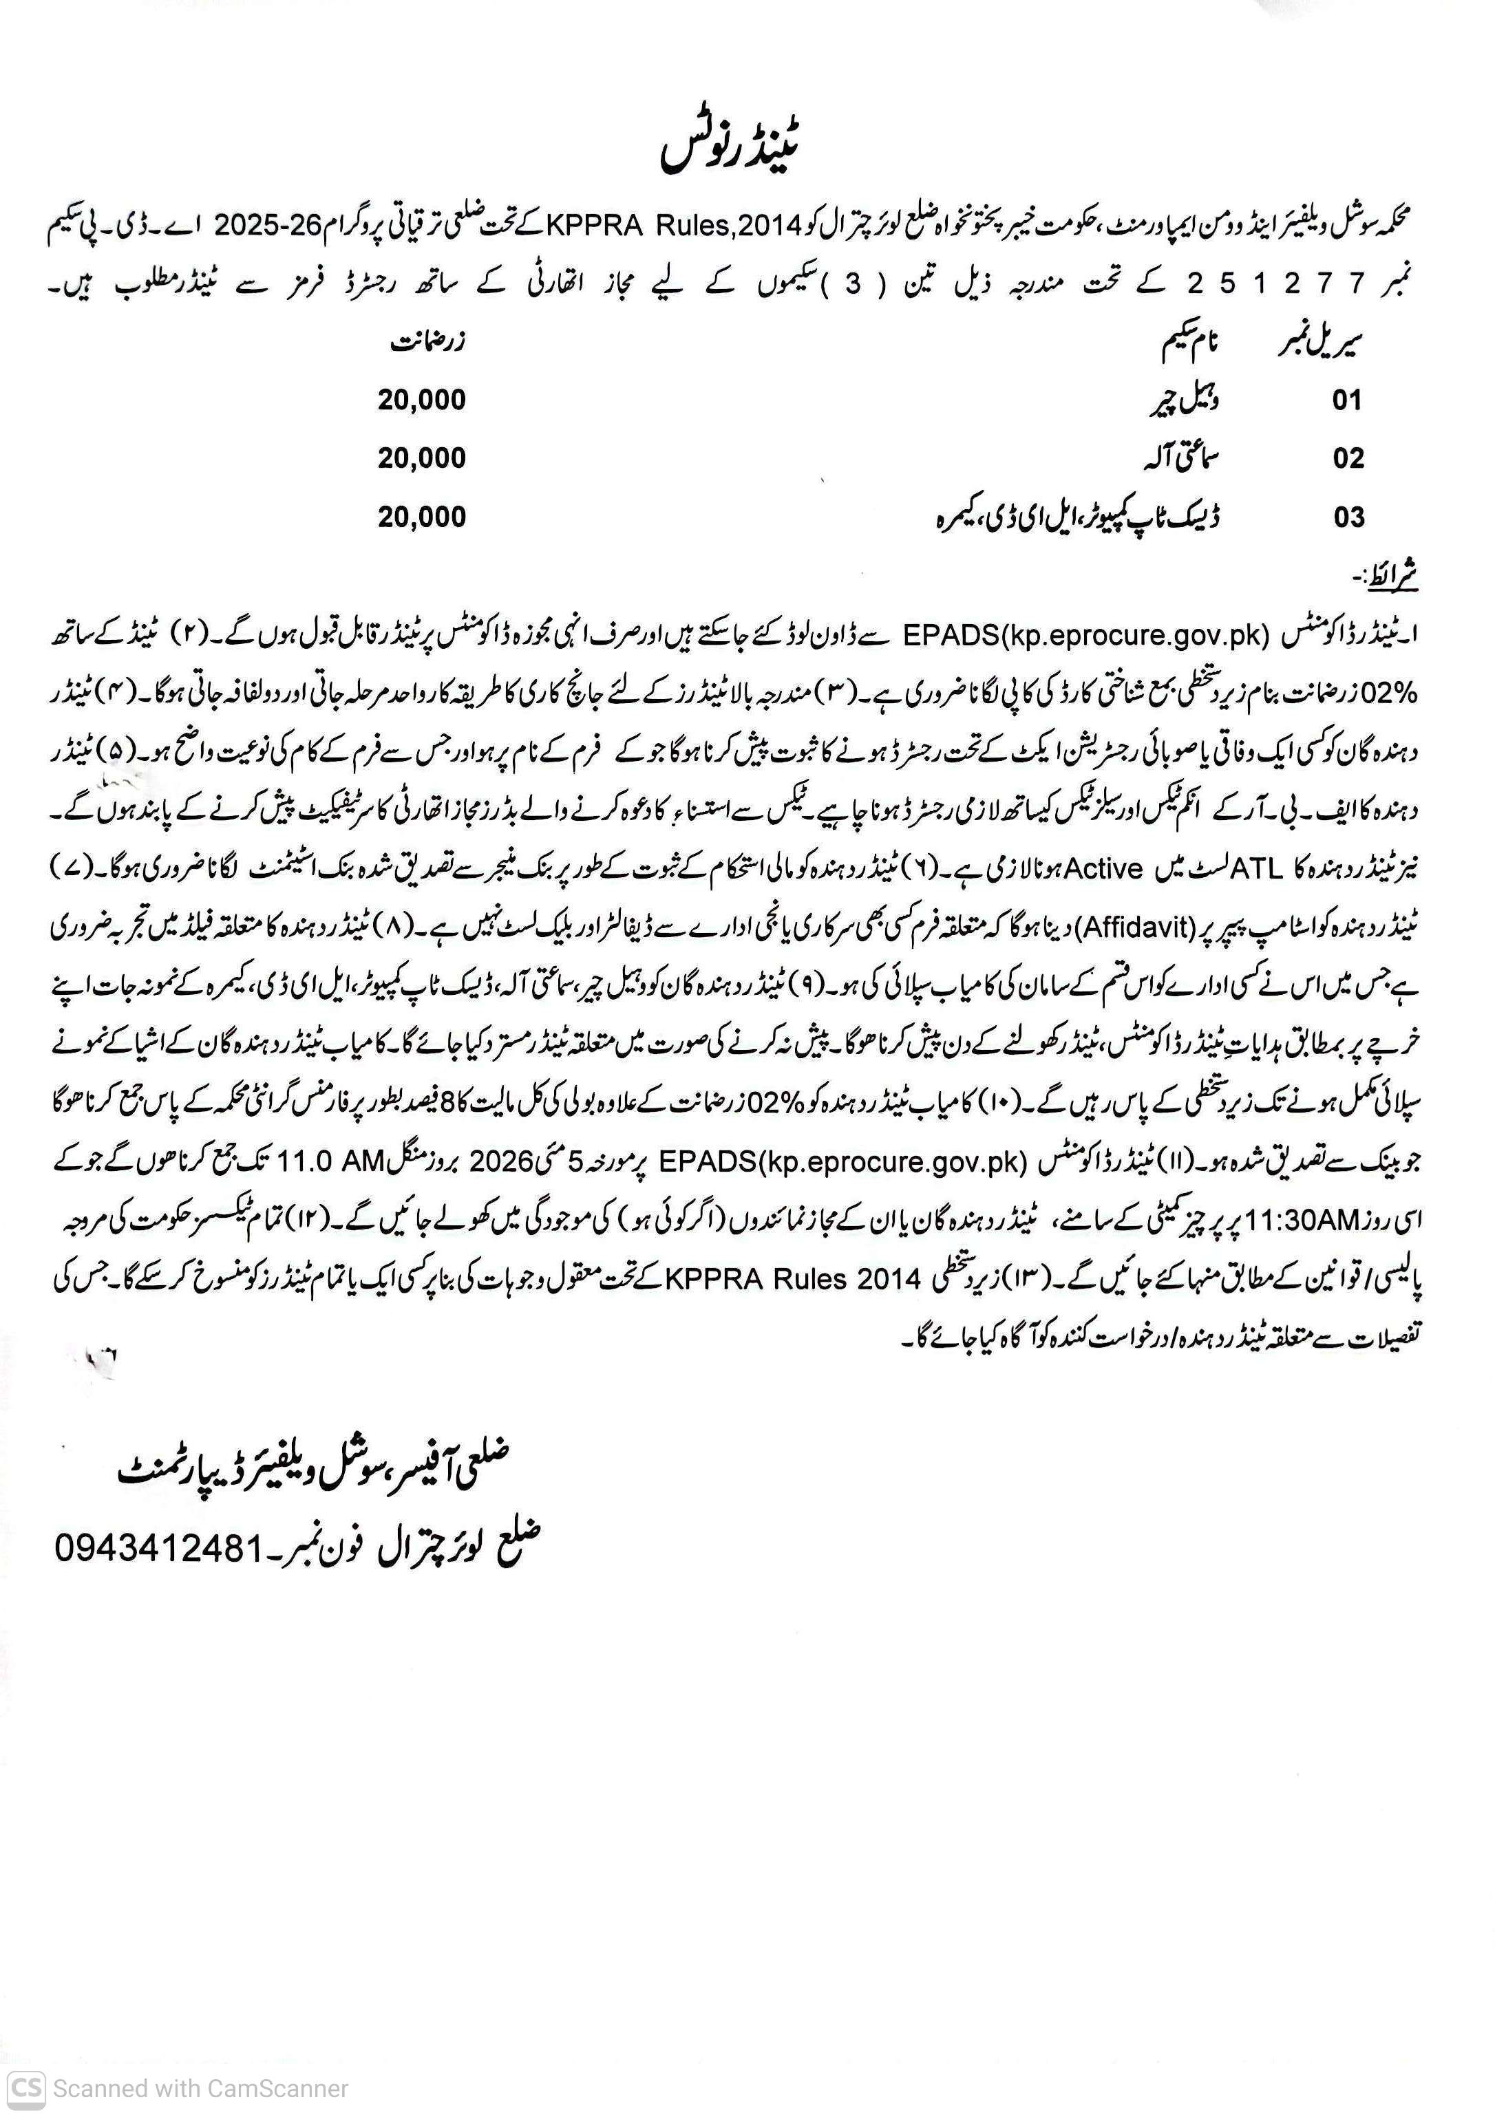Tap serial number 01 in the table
1346,401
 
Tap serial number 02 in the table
1348,459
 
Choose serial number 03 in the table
1348,517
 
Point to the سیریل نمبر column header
1319,344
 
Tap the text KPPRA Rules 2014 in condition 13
793,1280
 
